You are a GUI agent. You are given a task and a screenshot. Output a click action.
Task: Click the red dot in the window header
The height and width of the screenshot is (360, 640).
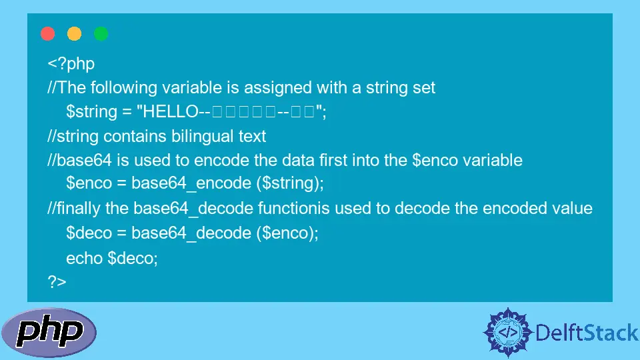pos(48,34)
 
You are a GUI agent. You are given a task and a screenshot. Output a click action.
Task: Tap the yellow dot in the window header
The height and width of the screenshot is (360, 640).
pos(75,34)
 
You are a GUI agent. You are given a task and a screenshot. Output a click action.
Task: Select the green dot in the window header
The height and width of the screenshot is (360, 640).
pos(101,34)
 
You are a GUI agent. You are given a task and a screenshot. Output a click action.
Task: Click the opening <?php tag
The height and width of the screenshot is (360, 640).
pos(71,64)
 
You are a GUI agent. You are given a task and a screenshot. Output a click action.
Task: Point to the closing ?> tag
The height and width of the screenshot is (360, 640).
pos(57,281)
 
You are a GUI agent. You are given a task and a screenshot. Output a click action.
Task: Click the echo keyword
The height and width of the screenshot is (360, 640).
pos(84,257)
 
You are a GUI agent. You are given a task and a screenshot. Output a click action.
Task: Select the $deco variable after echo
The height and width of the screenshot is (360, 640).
pos(132,257)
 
